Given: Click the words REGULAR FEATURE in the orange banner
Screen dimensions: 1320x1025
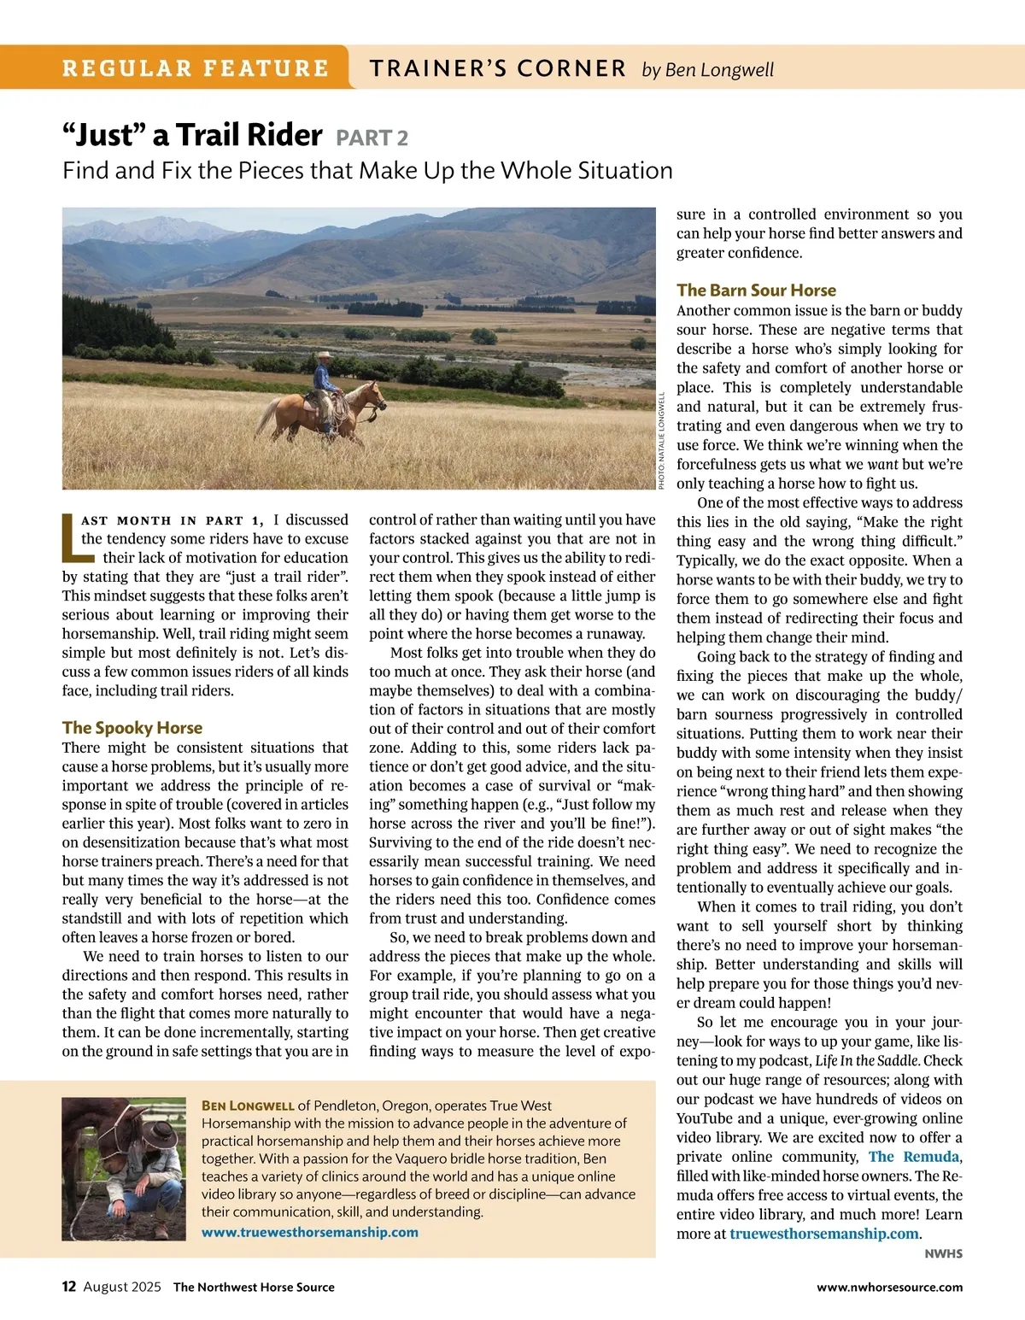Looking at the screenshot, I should point(196,68).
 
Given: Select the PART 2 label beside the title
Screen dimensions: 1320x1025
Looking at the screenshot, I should point(372,138).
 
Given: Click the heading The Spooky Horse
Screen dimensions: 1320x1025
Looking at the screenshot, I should point(132,728).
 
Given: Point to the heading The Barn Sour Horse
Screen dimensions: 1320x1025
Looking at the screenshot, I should point(756,290).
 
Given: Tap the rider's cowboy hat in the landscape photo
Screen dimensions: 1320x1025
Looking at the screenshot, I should point(324,355).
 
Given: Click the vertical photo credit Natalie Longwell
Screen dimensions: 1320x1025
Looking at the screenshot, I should point(662,440).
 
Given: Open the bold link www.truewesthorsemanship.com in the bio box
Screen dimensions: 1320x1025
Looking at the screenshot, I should point(310,1232).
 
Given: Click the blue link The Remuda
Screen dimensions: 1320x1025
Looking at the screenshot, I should point(914,1157).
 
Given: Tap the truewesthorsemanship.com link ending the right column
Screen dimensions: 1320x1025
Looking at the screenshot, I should point(824,1234).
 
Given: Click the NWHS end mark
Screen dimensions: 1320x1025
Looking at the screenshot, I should point(943,1254).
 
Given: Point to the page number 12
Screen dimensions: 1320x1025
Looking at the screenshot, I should point(69,1287).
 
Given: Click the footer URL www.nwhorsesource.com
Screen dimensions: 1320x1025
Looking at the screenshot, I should point(889,1288).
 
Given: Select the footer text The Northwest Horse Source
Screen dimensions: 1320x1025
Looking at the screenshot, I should point(254,1288).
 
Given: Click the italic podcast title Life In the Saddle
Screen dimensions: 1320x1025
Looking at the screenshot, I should point(867,1061).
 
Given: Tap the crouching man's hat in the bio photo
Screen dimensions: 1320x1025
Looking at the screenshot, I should point(159,1132).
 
